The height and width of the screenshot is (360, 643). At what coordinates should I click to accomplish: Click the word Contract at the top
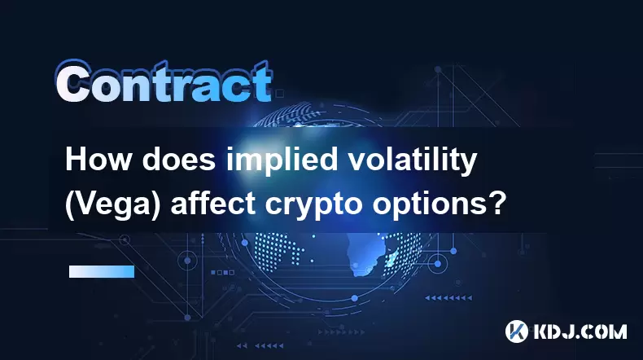pyautogui.click(x=164, y=81)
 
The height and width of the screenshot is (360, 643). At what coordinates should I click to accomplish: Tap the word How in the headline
pyautogui.click(x=98, y=160)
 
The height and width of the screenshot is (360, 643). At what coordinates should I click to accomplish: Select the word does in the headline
pyautogui.click(x=179, y=160)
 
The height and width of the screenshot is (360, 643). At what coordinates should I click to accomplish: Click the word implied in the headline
pyautogui.click(x=282, y=161)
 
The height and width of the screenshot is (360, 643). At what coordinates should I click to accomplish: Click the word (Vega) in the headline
pyautogui.click(x=112, y=204)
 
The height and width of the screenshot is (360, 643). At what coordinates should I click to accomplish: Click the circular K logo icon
pyautogui.click(x=516, y=331)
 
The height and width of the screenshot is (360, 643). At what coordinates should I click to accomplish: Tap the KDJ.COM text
pyautogui.click(x=580, y=331)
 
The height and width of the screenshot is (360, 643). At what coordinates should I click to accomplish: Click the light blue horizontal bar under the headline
pyautogui.click(x=102, y=271)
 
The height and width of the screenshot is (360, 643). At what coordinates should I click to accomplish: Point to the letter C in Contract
pyautogui.click(x=73, y=82)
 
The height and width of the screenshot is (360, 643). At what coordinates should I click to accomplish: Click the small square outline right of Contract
pyautogui.click(x=279, y=94)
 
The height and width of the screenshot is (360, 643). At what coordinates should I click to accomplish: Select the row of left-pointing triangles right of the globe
pyautogui.click(x=448, y=297)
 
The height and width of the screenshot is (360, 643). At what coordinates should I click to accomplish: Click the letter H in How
pyautogui.click(x=76, y=160)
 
